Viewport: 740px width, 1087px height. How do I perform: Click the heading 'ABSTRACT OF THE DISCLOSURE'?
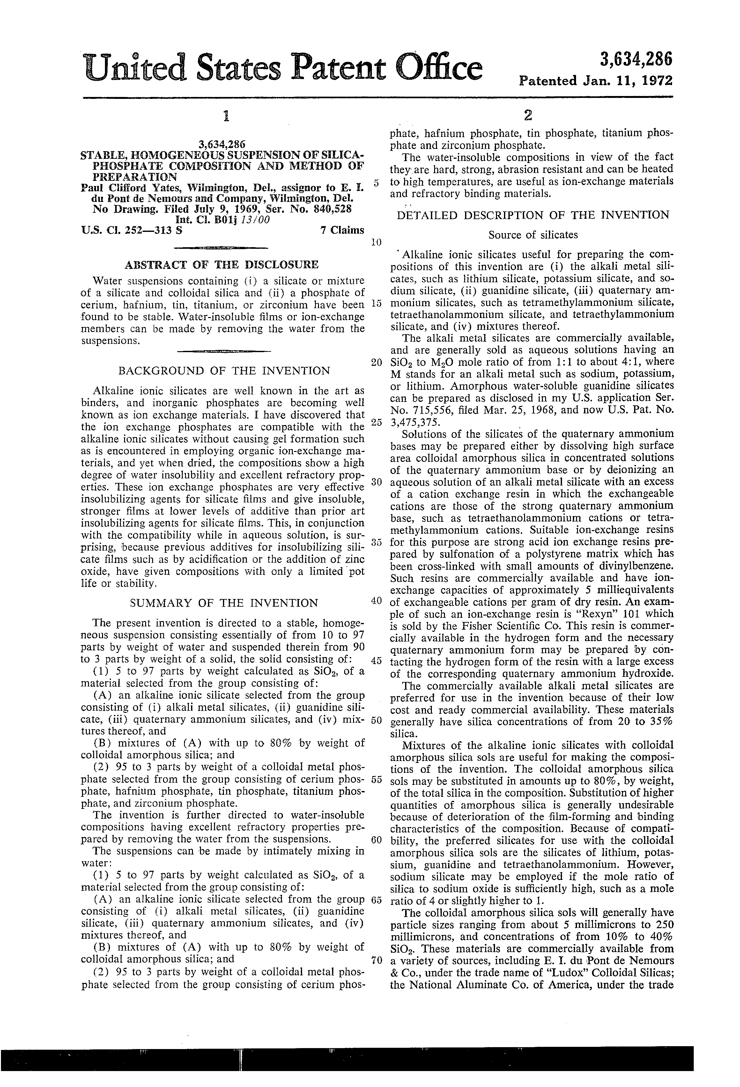221,265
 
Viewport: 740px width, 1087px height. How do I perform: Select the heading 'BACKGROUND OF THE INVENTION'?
224,371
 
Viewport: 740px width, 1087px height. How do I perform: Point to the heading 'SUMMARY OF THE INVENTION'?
224,603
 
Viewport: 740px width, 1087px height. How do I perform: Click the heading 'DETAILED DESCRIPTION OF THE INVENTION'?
533,215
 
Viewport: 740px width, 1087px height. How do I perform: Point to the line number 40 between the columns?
377,601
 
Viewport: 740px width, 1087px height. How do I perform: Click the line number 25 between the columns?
377,422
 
